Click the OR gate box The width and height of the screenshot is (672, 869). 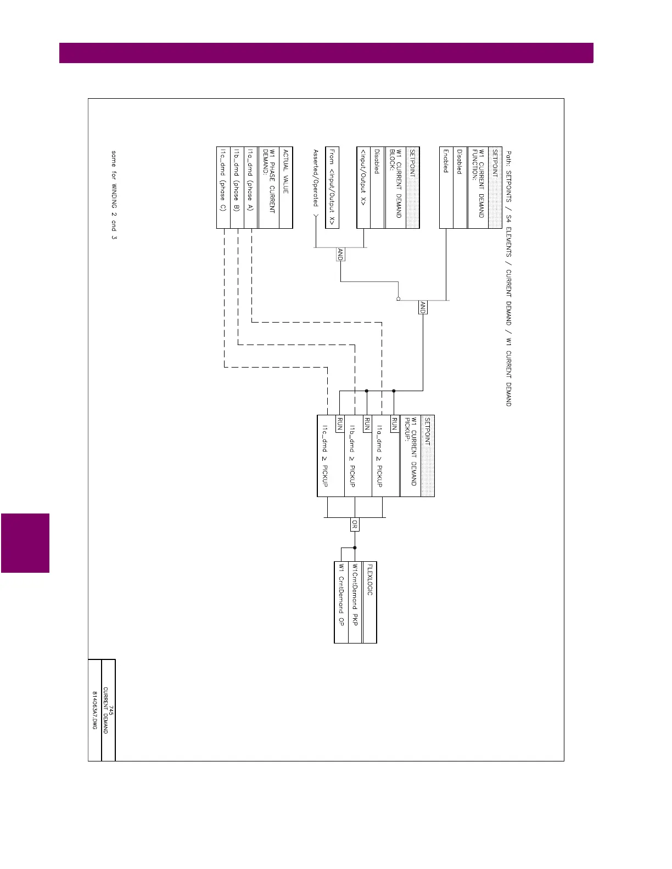click(x=355, y=525)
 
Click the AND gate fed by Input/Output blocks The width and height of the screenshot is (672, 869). click(x=340, y=255)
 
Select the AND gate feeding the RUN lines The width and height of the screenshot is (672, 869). click(x=423, y=307)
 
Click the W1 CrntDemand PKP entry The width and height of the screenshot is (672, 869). click(x=355, y=595)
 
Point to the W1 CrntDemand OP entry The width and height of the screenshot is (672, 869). click(x=341, y=595)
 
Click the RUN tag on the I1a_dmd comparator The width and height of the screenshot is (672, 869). click(x=394, y=424)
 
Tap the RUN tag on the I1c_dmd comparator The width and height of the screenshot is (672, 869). click(x=340, y=424)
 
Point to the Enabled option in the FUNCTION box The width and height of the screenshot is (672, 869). click(x=446, y=161)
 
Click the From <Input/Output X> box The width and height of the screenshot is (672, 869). click(x=332, y=187)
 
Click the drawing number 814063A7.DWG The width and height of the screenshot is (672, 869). click(x=94, y=710)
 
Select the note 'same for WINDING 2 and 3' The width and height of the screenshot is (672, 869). click(x=114, y=195)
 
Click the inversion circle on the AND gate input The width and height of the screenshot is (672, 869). click(x=398, y=299)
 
